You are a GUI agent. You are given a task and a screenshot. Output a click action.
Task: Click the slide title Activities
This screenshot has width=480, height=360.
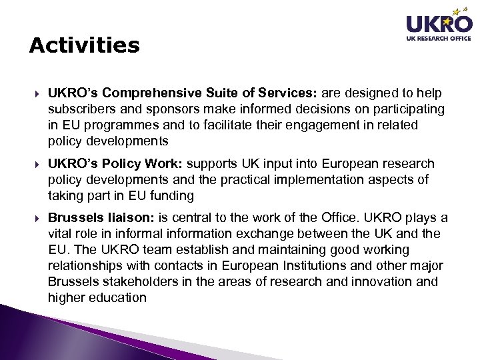(85, 45)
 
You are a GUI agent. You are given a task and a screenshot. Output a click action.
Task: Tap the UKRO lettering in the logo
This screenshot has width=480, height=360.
(439, 25)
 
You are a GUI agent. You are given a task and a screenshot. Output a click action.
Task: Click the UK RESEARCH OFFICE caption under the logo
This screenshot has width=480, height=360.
(439, 39)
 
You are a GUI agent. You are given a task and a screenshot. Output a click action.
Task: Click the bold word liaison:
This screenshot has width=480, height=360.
(128, 219)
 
